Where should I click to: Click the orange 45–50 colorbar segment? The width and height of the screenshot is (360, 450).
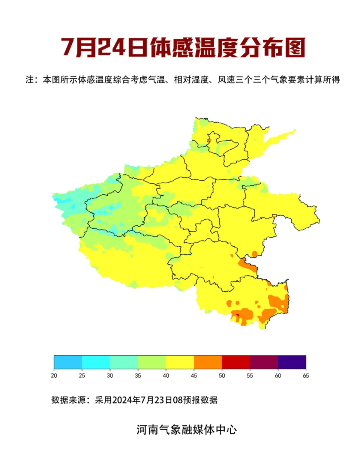tap(208, 362)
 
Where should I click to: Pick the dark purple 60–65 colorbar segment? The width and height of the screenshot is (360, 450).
tap(292, 362)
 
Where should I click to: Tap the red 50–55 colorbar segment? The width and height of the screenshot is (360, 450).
tap(236, 362)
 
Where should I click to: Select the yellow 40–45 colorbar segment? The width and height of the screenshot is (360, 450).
tap(180, 362)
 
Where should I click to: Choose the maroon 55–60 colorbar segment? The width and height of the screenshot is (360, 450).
tap(264, 362)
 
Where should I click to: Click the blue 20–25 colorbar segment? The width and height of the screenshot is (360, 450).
tap(68, 362)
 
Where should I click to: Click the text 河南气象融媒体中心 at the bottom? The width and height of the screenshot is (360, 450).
tap(186, 429)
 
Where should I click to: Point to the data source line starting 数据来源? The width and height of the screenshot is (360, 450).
tap(134, 400)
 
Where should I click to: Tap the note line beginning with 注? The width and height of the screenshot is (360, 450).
tap(183, 80)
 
